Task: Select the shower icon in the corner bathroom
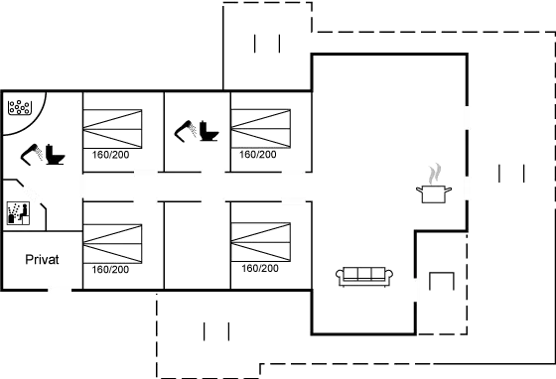coord(18,106)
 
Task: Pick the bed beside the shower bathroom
coord(112,128)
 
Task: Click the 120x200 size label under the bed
coord(259,269)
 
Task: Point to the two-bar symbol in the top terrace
coord(268,45)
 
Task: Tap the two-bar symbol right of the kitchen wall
coord(512,174)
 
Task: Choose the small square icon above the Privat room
coord(16,211)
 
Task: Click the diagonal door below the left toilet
coord(31,190)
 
